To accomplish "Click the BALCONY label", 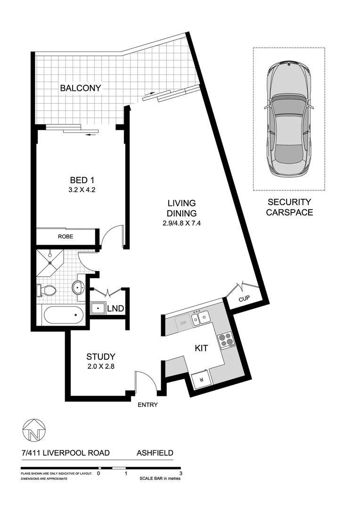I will pyautogui.click(x=80, y=88).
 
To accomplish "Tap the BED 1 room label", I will pyautogui.click(x=79, y=180).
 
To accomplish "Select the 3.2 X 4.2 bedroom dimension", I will pyautogui.click(x=79, y=190).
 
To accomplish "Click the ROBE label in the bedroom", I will pyautogui.click(x=65, y=237).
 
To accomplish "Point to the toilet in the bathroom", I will pyautogui.click(x=46, y=291).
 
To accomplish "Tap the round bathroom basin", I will pyautogui.click(x=78, y=287).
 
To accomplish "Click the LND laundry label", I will pyautogui.click(x=115, y=309).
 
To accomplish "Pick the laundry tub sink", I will pyautogui.click(x=98, y=309).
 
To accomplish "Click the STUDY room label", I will pyautogui.click(x=100, y=357).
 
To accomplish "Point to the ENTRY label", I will pyautogui.click(x=147, y=405).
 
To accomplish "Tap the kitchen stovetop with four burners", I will pyautogui.click(x=225, y=341).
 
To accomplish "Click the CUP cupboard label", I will pyautogui.click(x=244, y=299).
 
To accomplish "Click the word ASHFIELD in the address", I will pyautogui.click(x=155, y=453).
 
